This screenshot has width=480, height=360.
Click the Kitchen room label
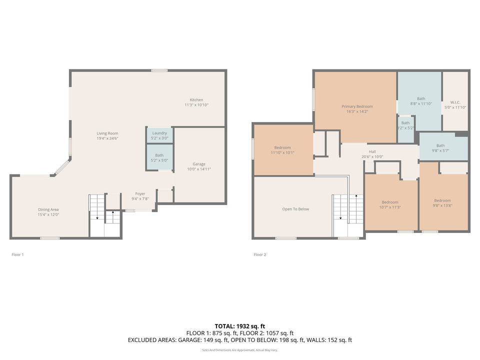pyautogui.click(x=196, y=100)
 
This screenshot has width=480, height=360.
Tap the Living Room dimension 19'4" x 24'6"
pyautogui.click(x=107, y=139)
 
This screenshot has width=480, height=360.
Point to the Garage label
pyautogui.click(x=199, y=164)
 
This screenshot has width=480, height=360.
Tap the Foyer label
pyautogui.click(x=140, y=193)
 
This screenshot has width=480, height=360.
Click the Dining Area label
pyautogui.click(x=48, y=209)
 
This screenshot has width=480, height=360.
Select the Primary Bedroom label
pyautogui.click(x=357, y=106)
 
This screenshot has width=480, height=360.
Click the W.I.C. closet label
pyautogui.click(x=455, y=102)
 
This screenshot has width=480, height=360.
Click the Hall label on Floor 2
pyautogui.click(x=372, y=151)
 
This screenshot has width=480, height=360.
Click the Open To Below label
pyautogui.click(x=295, y=209)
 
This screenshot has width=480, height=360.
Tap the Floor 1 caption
pyautogui.click(x=17, y=254)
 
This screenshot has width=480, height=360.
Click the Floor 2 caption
pyautogui.click(x=259, y=254)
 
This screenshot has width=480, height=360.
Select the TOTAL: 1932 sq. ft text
pyautogui.click(x=239, y=325)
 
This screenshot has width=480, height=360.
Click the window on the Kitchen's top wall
pyautogui.click(x=159, y=70)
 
